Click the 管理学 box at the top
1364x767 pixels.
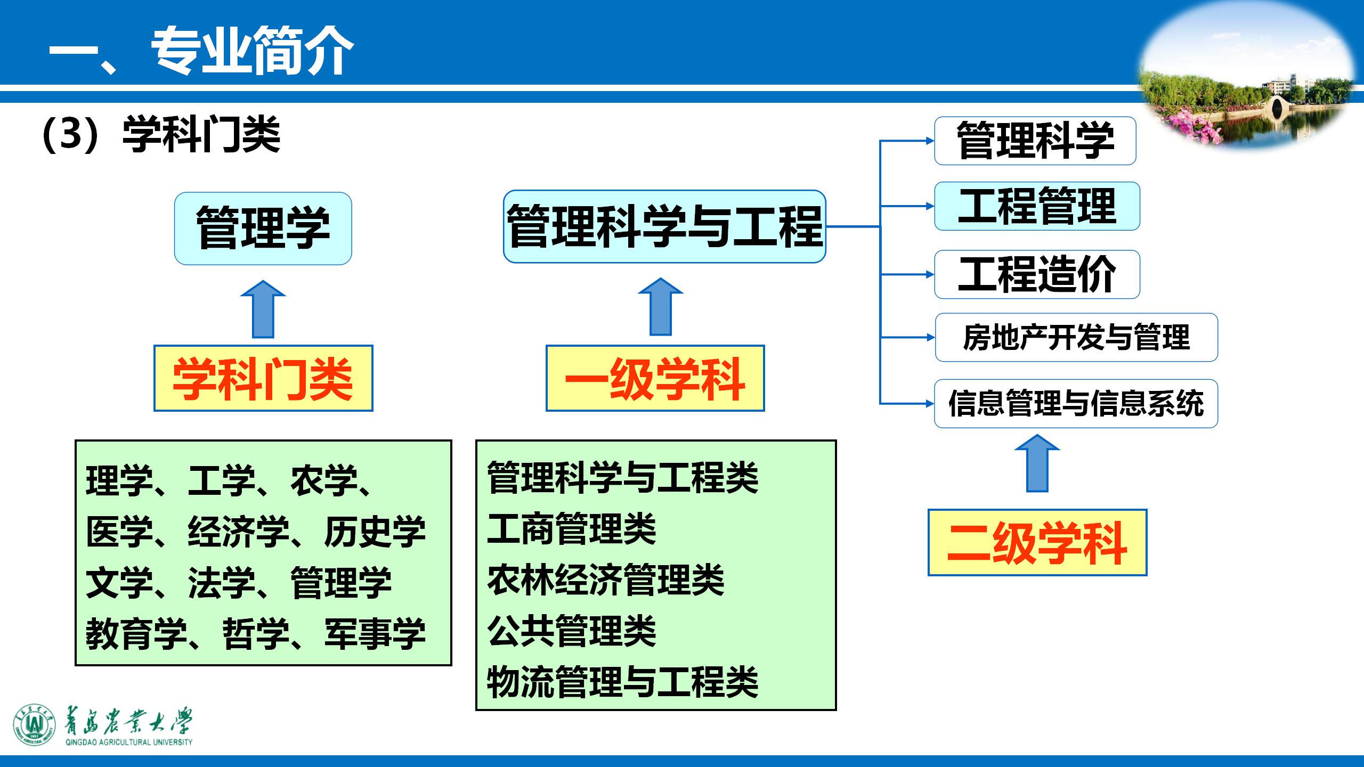263,229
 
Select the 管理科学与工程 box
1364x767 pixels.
664,226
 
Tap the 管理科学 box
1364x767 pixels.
1035,141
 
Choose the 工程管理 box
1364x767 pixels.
1037,206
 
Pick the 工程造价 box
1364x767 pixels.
1037,274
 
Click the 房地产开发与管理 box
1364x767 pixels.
1076,337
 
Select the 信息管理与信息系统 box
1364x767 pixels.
1076,403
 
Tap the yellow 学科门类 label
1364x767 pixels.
263,378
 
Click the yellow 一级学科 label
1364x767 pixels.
655,378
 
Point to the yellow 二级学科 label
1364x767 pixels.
1037,542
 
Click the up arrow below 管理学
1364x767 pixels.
263,310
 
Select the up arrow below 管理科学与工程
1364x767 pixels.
661,308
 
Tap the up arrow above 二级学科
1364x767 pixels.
1037,463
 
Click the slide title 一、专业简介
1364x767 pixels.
201,52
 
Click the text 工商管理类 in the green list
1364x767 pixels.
571,529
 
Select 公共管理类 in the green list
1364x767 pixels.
571,631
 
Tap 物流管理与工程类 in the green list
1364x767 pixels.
622,682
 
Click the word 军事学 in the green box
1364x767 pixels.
375,634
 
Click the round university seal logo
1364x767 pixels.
34,725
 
